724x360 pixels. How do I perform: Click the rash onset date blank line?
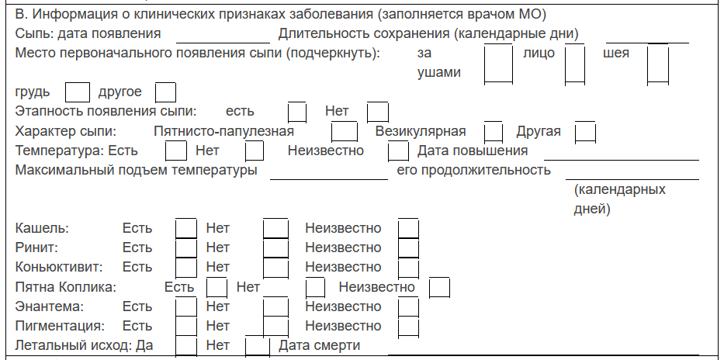coord(223,43)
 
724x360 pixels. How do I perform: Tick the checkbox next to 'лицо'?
coord(575,63)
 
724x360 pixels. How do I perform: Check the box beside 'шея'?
coord(658,63)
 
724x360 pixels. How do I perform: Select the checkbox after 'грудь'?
coord(78,92)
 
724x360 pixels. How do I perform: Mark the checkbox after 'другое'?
coord(165,92)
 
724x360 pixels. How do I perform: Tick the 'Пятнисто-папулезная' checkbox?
coord(344,132)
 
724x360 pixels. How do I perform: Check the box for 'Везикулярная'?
coord(494,132)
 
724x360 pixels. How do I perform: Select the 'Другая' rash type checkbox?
coord(585,132)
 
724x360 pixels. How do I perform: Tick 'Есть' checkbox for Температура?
coord(176,151)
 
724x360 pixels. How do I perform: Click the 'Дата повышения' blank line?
coord(621,160)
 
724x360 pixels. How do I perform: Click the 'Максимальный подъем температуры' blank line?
coord(329,179)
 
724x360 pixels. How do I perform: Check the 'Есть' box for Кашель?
coord(186,228)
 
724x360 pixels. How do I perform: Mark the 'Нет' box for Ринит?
coord(275,247)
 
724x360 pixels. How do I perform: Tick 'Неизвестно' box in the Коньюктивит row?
coord(409,268)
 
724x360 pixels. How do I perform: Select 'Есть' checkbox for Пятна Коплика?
coord(217,288)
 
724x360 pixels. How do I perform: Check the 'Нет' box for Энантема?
coord(275,307)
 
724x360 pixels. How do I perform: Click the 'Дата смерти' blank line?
coord(543,355)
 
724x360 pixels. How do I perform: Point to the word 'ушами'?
coord(439,73)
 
